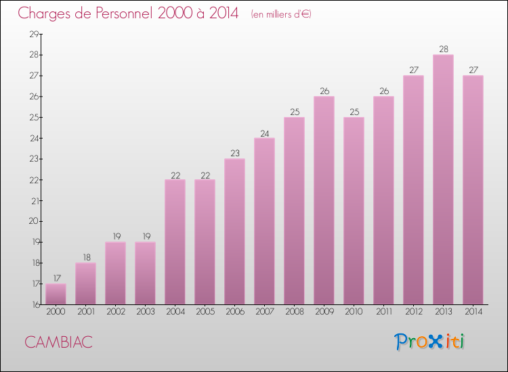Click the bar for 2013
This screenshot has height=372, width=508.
coord(443,179)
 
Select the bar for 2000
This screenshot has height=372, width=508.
coord(56,294)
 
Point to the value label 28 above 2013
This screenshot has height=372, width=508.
coord(443,49)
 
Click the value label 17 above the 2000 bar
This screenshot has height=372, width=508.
coord(56,278)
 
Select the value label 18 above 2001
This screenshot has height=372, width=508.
coord(85,257)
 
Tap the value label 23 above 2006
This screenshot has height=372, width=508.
coord(234,154)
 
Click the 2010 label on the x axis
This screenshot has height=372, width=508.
coord(354,312)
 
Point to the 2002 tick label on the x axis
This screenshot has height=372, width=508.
coord(115,312)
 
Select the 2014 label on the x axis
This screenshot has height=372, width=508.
coord(473,312)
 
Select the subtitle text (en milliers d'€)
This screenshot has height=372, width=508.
coord(280,14)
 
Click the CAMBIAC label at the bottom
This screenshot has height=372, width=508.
coord(58,342)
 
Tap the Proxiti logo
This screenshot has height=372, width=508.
coord(429,342)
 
